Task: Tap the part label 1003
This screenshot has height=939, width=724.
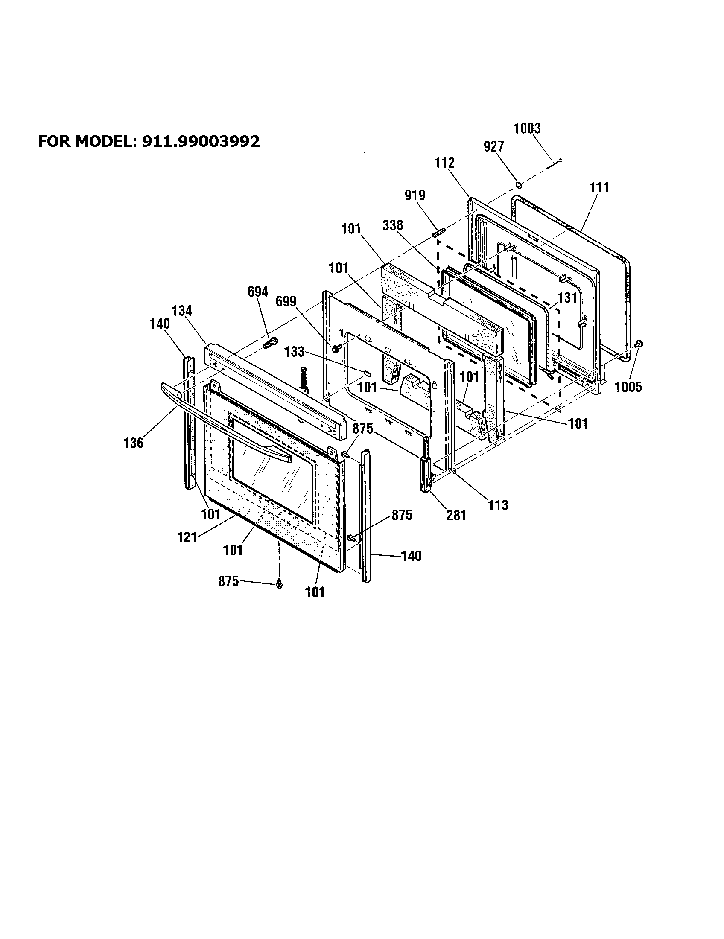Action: point(527,128)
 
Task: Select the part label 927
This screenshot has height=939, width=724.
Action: point(493,146)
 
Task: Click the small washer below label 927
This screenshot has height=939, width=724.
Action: point(519,185)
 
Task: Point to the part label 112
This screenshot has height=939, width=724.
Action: point(444,163)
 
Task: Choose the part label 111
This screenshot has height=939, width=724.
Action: point(599,188)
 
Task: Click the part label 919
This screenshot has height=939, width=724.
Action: point(415,195)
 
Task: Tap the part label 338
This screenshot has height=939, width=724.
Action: point(393,225)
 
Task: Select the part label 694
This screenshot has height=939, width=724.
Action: point(258,292)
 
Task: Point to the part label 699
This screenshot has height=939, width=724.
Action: point(286,302)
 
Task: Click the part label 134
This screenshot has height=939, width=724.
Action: point(182,310)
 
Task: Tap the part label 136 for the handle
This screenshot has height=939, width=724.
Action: point(133,443)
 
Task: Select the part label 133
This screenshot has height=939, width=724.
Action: point(294,352)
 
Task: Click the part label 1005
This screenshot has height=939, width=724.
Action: point(628,387)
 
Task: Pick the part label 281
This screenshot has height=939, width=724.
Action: point(456,515)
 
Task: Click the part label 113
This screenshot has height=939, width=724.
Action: point(498,505)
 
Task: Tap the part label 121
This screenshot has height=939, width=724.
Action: point(187,537)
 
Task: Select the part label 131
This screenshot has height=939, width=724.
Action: point(567,297)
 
